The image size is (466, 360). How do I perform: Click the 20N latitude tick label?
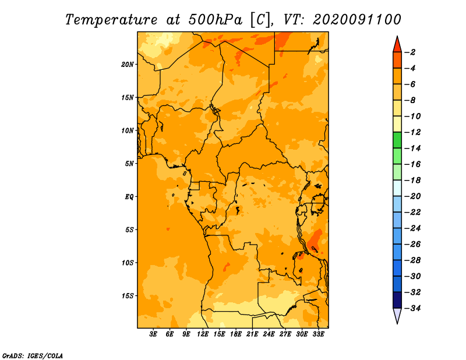coord(128,65)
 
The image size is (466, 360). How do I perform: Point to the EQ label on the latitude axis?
coord(129,197)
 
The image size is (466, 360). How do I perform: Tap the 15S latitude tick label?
coord(128,296)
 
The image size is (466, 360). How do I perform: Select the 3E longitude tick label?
coord(153,334)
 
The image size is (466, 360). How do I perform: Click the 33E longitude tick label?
coord(318,334)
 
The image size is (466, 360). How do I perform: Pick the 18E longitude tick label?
coord(236,334)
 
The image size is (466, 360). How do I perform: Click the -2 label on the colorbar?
coord(410,52)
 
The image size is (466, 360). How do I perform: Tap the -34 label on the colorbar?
coord(412,308)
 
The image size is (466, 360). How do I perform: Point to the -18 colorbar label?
coord(412,180)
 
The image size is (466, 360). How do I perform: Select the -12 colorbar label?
coord(412,132)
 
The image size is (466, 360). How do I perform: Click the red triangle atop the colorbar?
coord(397,45)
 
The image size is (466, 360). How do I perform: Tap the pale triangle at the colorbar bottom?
coord(397,316)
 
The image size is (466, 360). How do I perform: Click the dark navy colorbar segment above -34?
coord(397,300)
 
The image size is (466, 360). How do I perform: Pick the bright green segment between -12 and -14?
coord(397,140)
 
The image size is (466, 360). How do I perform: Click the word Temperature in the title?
coord(111,20)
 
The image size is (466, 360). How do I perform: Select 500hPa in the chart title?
coord(216,20)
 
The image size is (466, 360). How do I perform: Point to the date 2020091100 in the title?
coord(357,20)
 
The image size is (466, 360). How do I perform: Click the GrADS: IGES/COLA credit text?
coord(33,355)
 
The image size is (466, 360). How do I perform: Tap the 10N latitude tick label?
coord(128,130)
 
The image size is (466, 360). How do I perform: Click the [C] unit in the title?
coord(260,20)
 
